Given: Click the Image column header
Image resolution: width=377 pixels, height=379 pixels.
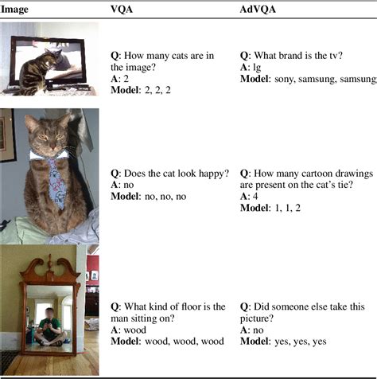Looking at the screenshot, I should coord(15,9).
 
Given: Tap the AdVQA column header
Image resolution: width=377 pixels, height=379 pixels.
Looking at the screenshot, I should coord(258,9).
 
